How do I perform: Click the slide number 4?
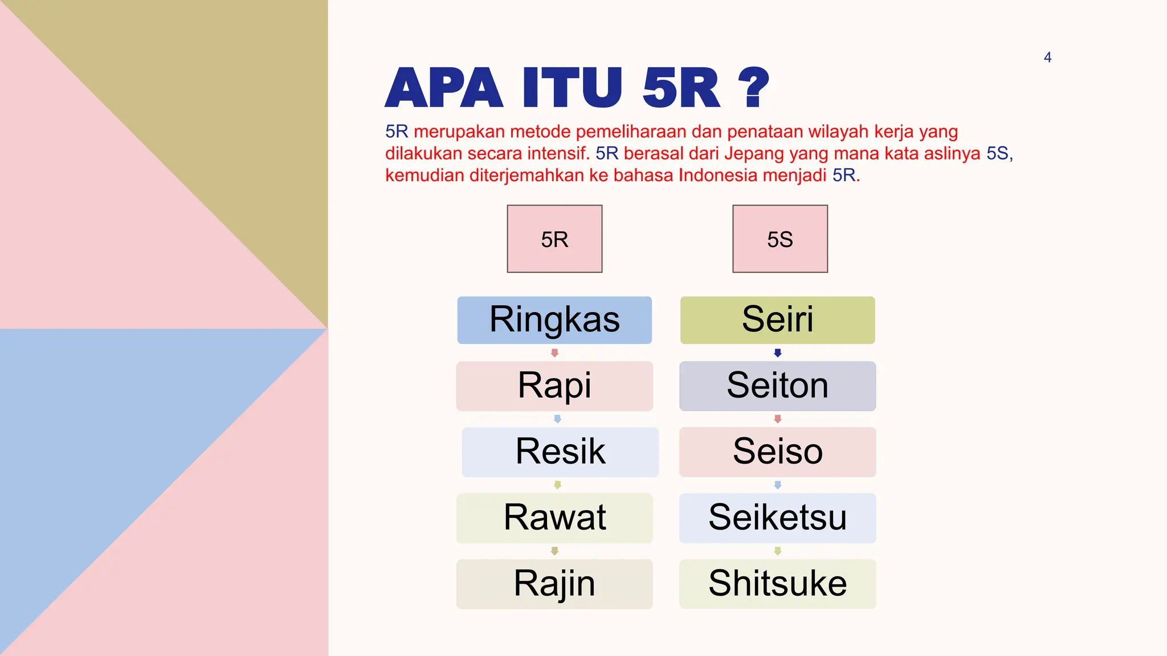tap(1047, 58)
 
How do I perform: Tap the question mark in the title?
tap(753, 88)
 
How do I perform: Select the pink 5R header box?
tap(554, 239)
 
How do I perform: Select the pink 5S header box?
tap(780, 239)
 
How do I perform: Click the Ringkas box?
tap(554, 320)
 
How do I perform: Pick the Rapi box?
tap(554, 386)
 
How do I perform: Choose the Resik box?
tap(560, 452)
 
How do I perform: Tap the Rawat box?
tap(554, 518)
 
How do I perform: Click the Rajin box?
tap(554, 584)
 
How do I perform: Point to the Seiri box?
tap(777, 320)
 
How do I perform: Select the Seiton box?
tap(777, 386)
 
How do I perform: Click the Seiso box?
tap(777, 452)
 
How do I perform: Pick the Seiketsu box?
tap(777, 518)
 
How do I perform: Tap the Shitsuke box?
tap(777, 584)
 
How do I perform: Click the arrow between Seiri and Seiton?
tap(777, 353)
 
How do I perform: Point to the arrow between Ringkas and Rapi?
tap(554, 353)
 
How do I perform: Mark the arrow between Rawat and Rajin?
tap(554, 551)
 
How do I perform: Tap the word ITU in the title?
tap(572, 88)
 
